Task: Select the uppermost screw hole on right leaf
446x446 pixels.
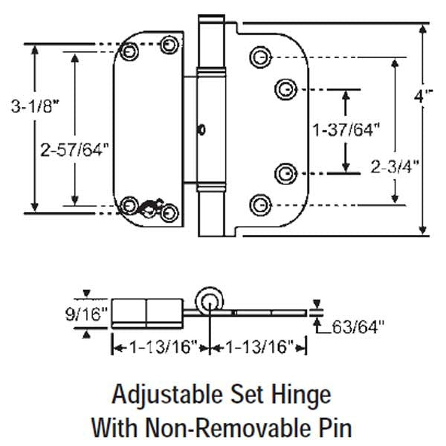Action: coord(259,57)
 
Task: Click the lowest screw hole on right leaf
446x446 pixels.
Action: coord(259,204)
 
